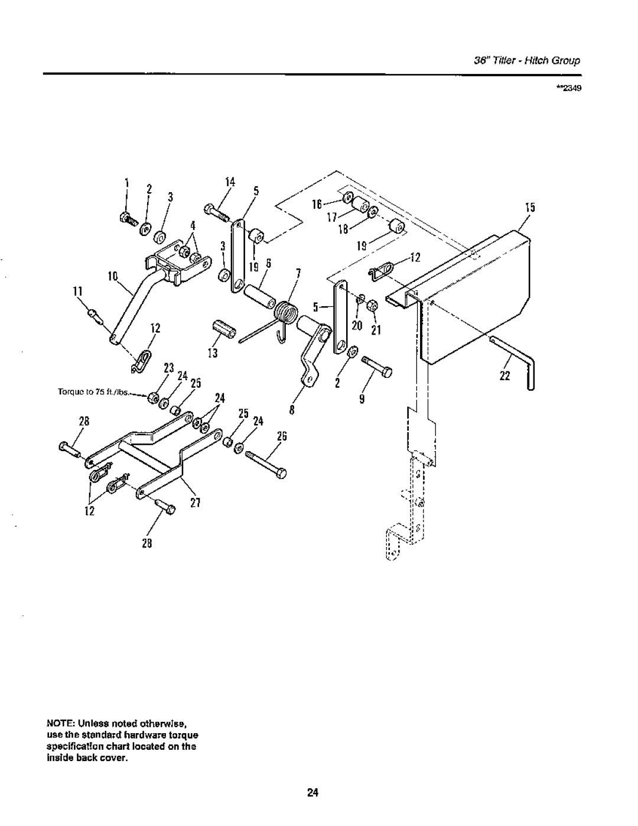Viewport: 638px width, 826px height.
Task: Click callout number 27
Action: point(195,503)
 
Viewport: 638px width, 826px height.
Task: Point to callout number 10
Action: point(113,276)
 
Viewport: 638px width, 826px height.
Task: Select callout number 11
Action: point(77,292)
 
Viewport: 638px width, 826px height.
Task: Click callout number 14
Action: point(230,182)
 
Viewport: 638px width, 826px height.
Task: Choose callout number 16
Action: point(317,205)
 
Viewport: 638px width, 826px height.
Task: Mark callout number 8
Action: point(292,411)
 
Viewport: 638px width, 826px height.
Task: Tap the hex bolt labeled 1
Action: point(127,219)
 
